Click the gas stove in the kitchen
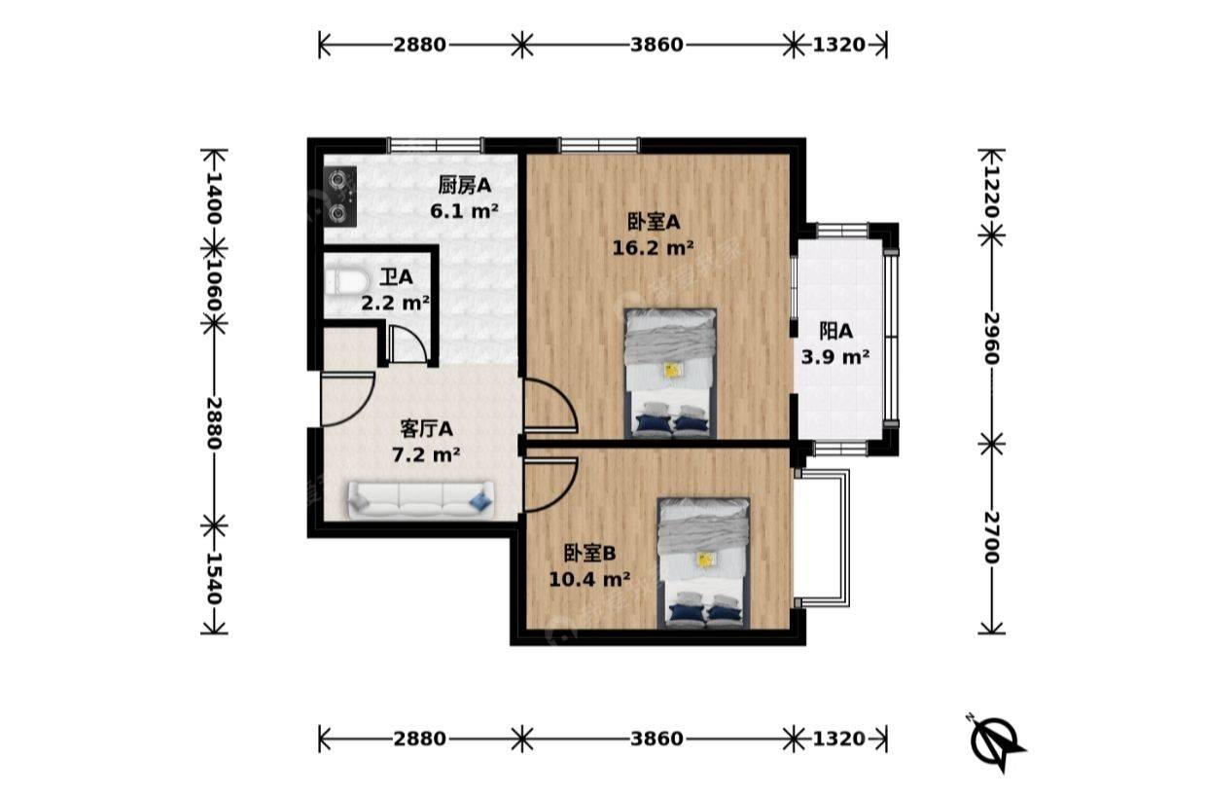(x=339, y=196)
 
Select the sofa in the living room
(x=421, y=500)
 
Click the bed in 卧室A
(x=670, y=373)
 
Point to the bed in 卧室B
(x=704, y=562)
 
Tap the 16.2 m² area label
(x=653, y=248)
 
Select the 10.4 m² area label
(x=589, y=580)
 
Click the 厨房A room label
(x=464, y=186)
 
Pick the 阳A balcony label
(x=835, y=331)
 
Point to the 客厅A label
(x=426, y=429)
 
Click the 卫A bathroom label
(x=396, y=277)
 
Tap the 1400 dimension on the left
(x=214, y=199)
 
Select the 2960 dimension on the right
(x=992, y=339)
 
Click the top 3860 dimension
(x=656, y=45)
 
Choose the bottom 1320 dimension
(x=838, y=739)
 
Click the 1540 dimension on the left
(x=214, y=579)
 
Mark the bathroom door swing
(x=407, y=343)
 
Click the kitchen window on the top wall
(x=436, y=145)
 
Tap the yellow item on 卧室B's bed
(x=704, y=560)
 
